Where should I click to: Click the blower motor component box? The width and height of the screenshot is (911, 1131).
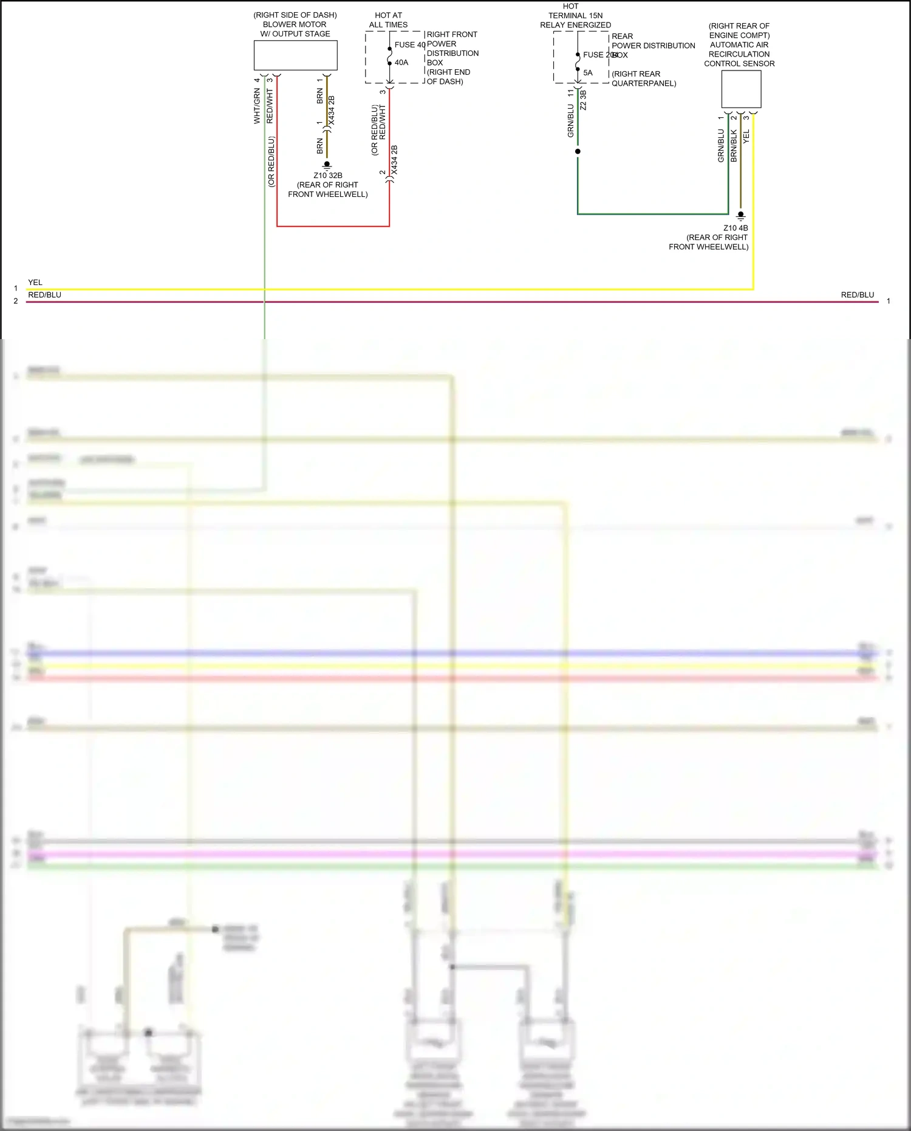pos(295,55)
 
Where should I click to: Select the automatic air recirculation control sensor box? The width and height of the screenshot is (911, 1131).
pos(741,89)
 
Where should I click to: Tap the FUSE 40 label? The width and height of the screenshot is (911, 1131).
pos(409,44)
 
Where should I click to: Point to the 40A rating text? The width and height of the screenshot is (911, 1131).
pos(401,63)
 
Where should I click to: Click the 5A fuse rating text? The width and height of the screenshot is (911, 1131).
pos(588,73)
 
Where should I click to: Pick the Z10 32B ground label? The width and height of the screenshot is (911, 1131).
pos(328,176)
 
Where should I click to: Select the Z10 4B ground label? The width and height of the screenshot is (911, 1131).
pos(735,229)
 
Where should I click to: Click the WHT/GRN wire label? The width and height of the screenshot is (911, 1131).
pos(257,106)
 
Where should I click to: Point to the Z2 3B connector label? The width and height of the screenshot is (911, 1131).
pos(583,100)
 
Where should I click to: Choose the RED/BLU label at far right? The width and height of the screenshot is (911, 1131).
pos(857,295)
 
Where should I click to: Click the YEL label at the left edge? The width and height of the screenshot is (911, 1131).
pos(35,283)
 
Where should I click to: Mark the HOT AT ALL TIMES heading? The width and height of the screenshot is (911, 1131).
pos(388,20)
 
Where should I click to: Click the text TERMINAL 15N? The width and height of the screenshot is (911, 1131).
pos(575,16)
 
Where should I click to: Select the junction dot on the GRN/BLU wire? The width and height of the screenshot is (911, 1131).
pos(578,151)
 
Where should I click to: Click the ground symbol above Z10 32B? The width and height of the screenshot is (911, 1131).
pos(327,165)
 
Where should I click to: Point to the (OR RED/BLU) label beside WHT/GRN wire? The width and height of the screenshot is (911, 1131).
pos(271,162)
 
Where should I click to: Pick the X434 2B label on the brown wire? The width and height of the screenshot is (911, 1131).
pos(332,111)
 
